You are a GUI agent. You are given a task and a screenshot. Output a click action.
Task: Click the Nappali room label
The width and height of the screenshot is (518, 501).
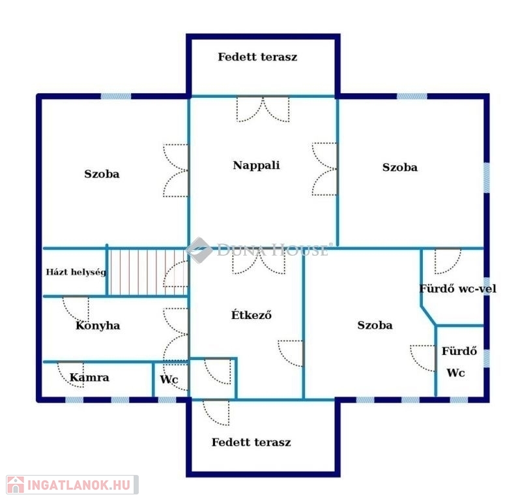[256, 165]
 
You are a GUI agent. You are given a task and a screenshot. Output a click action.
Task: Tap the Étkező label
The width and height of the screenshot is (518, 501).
[252, 314]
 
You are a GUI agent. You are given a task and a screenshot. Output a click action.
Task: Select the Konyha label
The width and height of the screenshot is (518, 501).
[98, 326]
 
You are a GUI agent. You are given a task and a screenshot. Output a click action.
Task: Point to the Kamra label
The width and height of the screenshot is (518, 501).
[89, 377]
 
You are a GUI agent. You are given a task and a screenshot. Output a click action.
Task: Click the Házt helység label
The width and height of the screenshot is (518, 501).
[76, 272]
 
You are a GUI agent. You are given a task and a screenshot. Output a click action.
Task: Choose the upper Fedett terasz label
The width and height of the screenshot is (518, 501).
[257, 57]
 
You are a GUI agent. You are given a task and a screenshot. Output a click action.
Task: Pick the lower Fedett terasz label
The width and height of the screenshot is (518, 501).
[252, 442]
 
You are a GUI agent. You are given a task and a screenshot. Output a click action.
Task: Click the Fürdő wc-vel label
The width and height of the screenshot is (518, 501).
[458, 288]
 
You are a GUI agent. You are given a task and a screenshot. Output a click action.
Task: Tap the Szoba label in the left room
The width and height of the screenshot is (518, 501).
[102, 174]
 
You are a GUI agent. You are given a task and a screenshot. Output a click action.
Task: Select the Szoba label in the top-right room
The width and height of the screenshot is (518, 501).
[399, 168]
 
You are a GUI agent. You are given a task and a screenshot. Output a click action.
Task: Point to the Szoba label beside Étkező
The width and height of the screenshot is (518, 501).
[375, 325]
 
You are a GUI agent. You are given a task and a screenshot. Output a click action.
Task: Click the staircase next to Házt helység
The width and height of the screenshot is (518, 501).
[148, 272]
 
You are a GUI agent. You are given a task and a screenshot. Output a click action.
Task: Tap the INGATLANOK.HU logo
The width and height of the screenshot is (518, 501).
[72, 485]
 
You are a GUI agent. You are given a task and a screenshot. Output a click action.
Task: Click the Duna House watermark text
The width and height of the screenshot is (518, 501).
[272, 250]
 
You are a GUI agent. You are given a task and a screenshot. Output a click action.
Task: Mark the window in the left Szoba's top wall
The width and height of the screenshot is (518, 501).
[115, 97]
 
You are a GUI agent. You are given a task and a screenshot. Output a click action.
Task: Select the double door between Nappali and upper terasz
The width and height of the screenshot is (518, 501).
[263, 109]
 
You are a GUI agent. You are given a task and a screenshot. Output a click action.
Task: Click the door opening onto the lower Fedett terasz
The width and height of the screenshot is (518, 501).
[216, 412]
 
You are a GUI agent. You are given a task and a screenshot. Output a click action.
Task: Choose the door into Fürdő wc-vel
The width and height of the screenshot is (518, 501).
[448, 261]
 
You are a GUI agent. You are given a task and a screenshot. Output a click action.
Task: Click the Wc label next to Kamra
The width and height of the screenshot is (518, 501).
[169, 379]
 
